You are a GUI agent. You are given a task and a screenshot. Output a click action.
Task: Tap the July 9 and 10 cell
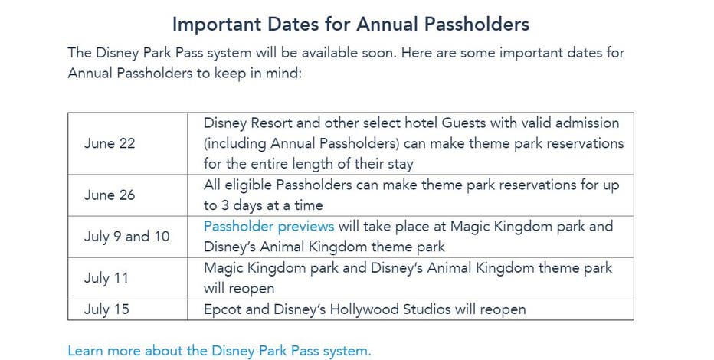[x=126, y=237]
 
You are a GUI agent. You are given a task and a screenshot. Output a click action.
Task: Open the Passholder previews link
[x=269, y=226]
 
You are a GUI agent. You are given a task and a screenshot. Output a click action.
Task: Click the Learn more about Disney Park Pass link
[x=219, y=351]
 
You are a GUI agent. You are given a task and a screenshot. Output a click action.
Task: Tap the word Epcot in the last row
[x=222, y=309]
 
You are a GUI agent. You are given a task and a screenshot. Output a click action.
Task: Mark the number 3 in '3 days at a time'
[x=225, y=205]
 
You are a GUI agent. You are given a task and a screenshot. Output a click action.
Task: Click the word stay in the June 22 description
[x=398, y=164]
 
